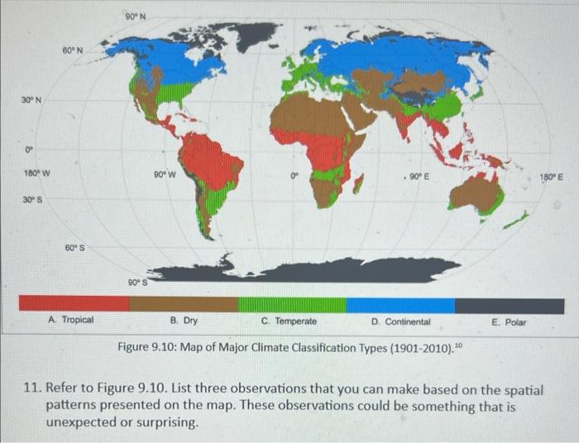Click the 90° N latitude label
click(x=136, y=15)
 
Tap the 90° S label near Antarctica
click(x=137, y=282)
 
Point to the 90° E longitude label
click(x=421, y=175)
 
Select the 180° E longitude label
click(x=551, y=177)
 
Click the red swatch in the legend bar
click(x=74, y=304)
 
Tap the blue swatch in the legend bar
click(x=400, y=304)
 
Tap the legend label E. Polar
click(x=509, y=321)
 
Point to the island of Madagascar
click(x=358, y=183)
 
